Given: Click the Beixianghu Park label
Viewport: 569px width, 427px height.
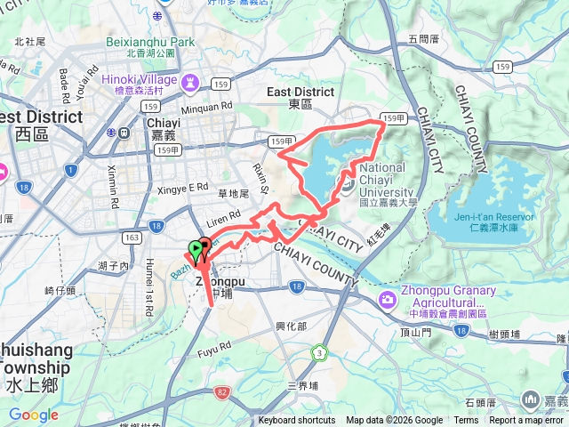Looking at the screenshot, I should pos(149,42).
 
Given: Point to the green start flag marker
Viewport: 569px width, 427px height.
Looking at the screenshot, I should pos(196,251).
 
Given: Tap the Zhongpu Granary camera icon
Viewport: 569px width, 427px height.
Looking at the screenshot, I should pos(388,299).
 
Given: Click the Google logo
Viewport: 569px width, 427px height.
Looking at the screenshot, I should pos(33,415).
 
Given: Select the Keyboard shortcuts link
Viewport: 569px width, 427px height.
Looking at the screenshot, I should pos(297,421).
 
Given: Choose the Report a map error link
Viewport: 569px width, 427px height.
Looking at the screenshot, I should pos(528,421).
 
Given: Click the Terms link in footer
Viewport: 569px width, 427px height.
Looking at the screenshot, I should pos(466,421).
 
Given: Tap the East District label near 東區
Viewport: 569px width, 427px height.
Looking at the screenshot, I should pos(301,92).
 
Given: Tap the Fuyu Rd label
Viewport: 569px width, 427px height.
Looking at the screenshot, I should pos(213,343).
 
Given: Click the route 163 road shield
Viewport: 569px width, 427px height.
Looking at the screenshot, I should pos(132,238).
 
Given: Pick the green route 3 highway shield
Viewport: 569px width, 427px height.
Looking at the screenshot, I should pos(317,353).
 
